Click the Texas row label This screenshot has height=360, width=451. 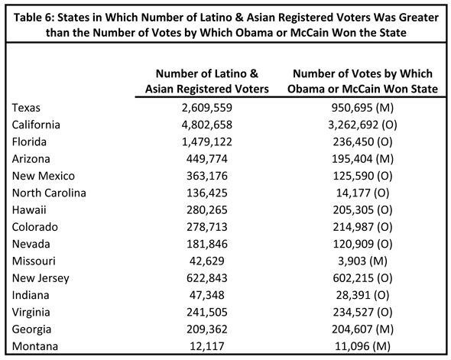(x=26, y=108)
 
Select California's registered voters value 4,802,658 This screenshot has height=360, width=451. (x=207, y=125)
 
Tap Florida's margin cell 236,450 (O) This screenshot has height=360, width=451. (x=362, y=141)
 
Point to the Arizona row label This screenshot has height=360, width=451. (x=31, y=159)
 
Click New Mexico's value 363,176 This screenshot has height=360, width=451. (x=207, y=176)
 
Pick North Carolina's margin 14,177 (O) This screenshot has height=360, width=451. (x=362, y=193)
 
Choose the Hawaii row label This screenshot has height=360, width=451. (x=29, y=210)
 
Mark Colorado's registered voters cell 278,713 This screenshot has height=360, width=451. (x=207, y=227)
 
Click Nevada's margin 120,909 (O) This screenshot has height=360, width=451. (x=362, y=244)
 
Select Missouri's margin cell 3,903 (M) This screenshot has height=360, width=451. (x=362, y=261)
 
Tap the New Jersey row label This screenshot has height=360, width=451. (x=41, y=278)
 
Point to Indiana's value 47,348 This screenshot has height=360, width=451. (x=207, y=295)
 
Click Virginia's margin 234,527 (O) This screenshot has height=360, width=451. (x=362, y=313)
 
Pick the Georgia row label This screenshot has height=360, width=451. (x=31, y=329)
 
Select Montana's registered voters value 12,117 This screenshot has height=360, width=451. (x=207, y=346)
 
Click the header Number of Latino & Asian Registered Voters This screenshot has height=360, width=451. (x=207, y=81)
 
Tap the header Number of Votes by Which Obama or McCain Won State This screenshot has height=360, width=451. (x=362, y=81)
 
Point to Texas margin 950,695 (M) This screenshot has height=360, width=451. (x=362, y=108)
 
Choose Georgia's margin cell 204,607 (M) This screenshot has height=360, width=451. (x=362, y=329)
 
